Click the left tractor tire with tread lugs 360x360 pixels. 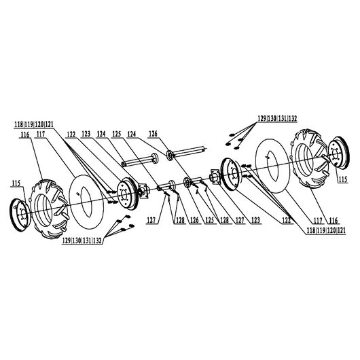50,209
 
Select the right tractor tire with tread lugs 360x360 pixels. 309,158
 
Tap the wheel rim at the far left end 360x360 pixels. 20,215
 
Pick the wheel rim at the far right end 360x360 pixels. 339,153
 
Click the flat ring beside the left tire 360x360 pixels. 86,202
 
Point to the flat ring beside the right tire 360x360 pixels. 272,166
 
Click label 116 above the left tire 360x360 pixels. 25,134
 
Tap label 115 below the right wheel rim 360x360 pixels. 343,179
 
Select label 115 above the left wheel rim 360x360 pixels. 16,183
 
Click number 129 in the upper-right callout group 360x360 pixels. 262,119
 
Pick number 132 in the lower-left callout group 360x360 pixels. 97,240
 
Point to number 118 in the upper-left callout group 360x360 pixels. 19,125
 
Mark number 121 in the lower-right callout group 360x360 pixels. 342,230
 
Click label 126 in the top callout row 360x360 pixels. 153,134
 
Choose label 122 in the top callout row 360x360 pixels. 71,134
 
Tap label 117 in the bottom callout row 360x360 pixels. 318,221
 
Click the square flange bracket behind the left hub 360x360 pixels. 143,192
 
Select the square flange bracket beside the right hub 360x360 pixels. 215,177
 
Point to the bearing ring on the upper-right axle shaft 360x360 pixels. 170,155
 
